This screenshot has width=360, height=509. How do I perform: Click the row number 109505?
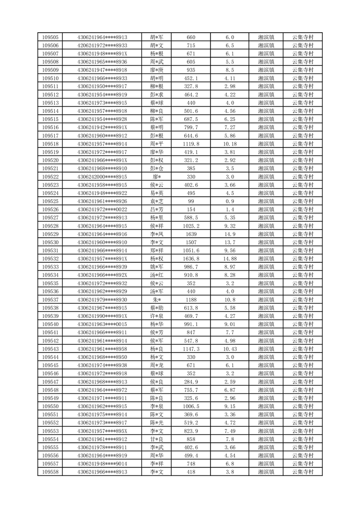50,37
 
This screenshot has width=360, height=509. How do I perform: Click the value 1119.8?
191,144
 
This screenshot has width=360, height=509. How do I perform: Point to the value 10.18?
229,144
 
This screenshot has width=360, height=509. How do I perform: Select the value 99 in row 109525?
191,201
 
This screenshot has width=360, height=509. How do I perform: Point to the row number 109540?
50,324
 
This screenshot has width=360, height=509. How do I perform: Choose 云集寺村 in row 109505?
303,37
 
